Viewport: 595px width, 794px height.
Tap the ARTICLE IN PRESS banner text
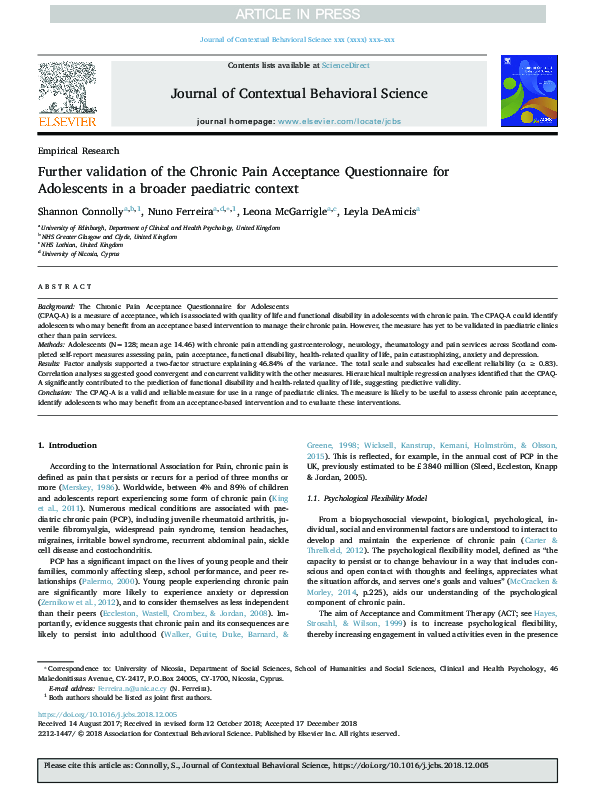pyautogui.click(x=297, y=14)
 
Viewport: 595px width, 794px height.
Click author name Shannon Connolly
pyautogui.click(x=80, y=212)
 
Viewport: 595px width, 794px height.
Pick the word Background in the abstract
pyautogui.click(x=56, y=304)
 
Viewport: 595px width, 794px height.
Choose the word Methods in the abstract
pyautogui.click(x=51, y=342)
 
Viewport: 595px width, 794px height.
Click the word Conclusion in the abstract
pyautogui.click(x=56, y=420)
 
